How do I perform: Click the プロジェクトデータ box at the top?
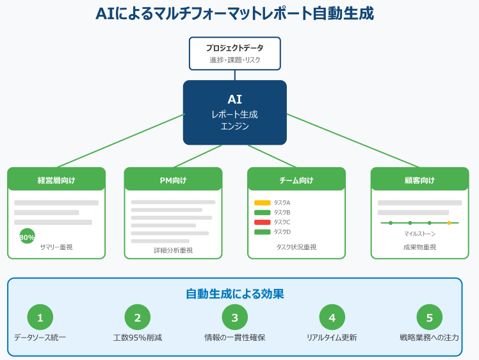(x=234, y=53)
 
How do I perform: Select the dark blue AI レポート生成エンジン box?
(x=234, y=112)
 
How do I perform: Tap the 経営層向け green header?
(x=56, y=180)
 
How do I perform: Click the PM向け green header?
(x=173, y=180)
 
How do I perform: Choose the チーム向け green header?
(x=296, y=180)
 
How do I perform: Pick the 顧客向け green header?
(x=420, y=180)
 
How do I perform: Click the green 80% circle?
(x=28, y=237)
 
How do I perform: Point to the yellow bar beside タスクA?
(x=263, y=202)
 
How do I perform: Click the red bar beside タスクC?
(x=263, y=222)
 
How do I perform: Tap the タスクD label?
(x=282, y=232)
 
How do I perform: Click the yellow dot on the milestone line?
(x=448, y=223)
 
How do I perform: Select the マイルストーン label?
(x=419, y=234)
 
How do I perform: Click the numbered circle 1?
(x=40, y=317)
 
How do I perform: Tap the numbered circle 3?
(x=234, y=317)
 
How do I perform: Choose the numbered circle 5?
(x=429, y=317)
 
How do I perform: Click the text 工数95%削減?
(x=138, y=337)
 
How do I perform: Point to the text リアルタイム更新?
(x=332, y=337)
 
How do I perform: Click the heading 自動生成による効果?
(x=234, y=294)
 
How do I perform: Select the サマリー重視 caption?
(x=56, y=247)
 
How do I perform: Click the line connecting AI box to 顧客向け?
(x=352, y=141)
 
